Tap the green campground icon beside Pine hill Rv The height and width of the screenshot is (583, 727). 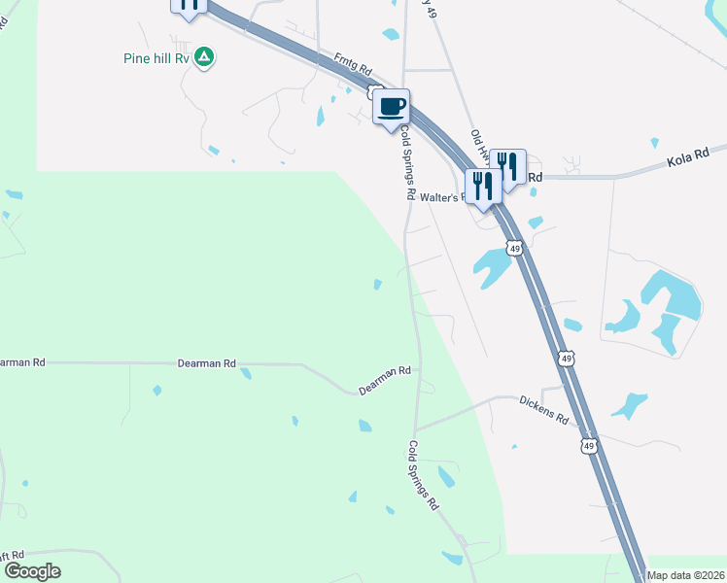204,57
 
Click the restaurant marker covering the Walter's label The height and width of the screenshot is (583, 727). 482,184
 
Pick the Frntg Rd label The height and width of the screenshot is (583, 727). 353,66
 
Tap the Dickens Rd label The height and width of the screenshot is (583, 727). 543,408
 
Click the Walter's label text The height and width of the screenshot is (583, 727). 445,196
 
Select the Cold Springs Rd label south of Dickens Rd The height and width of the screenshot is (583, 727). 424,476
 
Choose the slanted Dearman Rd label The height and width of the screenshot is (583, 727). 385,379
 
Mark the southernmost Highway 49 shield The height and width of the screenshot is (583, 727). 588,446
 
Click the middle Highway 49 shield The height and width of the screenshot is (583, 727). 566,360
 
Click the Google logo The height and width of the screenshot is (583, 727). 31,571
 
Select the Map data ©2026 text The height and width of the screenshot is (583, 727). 685,575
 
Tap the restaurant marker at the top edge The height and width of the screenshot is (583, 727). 189,5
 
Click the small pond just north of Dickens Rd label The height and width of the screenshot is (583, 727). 630,403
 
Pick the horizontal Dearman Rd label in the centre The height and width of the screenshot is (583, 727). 207,363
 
